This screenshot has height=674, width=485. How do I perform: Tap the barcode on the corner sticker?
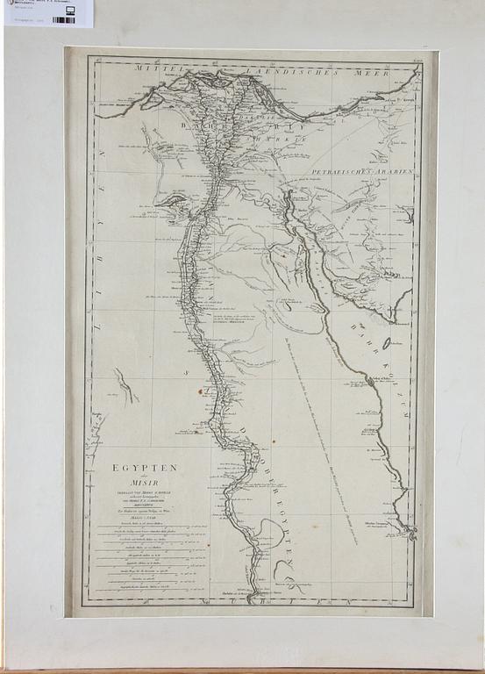tap(63, 19)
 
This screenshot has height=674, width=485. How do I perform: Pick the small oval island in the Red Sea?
tap(286, 306)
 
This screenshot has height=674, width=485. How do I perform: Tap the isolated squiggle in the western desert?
tap(126, 385)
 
